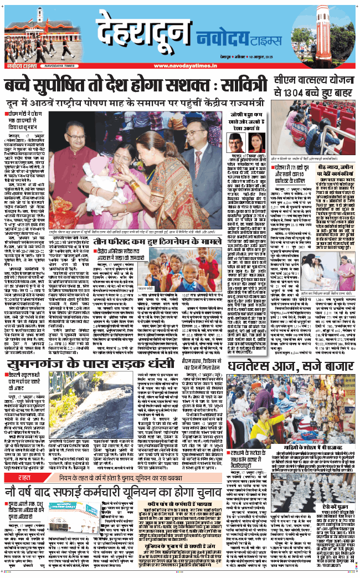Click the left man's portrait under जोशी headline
pos(236,145)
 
